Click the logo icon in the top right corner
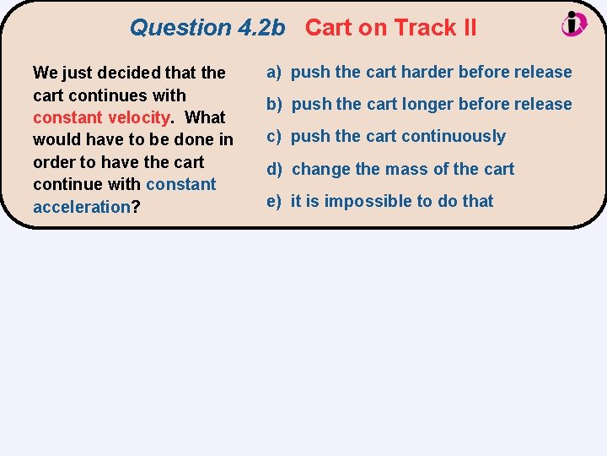point(575,24)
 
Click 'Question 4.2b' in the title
point(207,28)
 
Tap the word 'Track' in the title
point(424,28)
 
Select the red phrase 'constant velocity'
point(102,117)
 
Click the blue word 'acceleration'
point(81,207)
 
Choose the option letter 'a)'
point(275,72)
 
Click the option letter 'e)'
point(275,201)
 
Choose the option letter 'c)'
point(275,136)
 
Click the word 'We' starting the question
point(45,73)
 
